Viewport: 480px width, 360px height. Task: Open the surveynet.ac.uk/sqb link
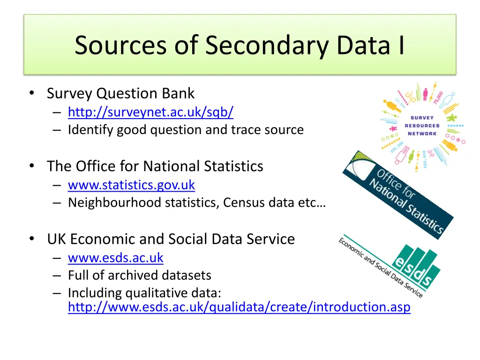pos(150,112)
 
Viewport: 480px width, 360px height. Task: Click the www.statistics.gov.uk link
pos(131,185)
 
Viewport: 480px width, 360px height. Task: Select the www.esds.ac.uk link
pos(115,258)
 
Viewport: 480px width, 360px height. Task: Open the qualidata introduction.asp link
pos(239,307)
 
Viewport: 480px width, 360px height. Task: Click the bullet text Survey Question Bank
pos(120,93)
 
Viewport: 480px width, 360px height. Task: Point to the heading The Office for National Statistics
pos(155,166)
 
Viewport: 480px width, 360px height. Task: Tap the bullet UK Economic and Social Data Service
pos(171,239)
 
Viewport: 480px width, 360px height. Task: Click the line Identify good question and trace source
pos(186,130)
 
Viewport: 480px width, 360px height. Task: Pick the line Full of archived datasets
pos(139,275)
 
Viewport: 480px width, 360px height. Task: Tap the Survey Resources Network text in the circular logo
pos(421,126)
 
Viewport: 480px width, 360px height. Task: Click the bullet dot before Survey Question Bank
pos(31,94)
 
